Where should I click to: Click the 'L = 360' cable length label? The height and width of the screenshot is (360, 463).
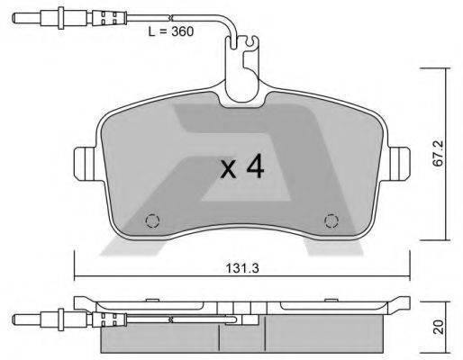point(170,31)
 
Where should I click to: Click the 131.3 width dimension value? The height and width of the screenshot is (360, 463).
point(237,266)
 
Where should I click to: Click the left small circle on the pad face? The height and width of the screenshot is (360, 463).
point(151,220)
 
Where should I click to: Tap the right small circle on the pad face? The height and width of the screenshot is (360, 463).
point(331,220)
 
